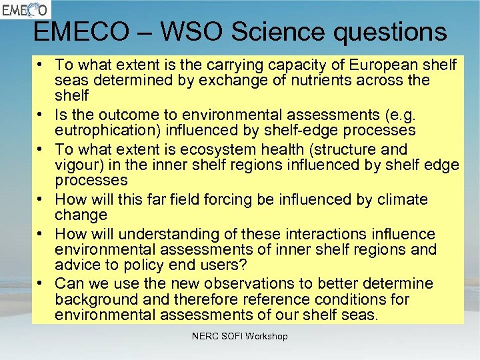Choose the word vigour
tap(76, 165)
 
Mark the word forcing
tap(217, 199)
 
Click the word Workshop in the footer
tap(267, 337)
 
